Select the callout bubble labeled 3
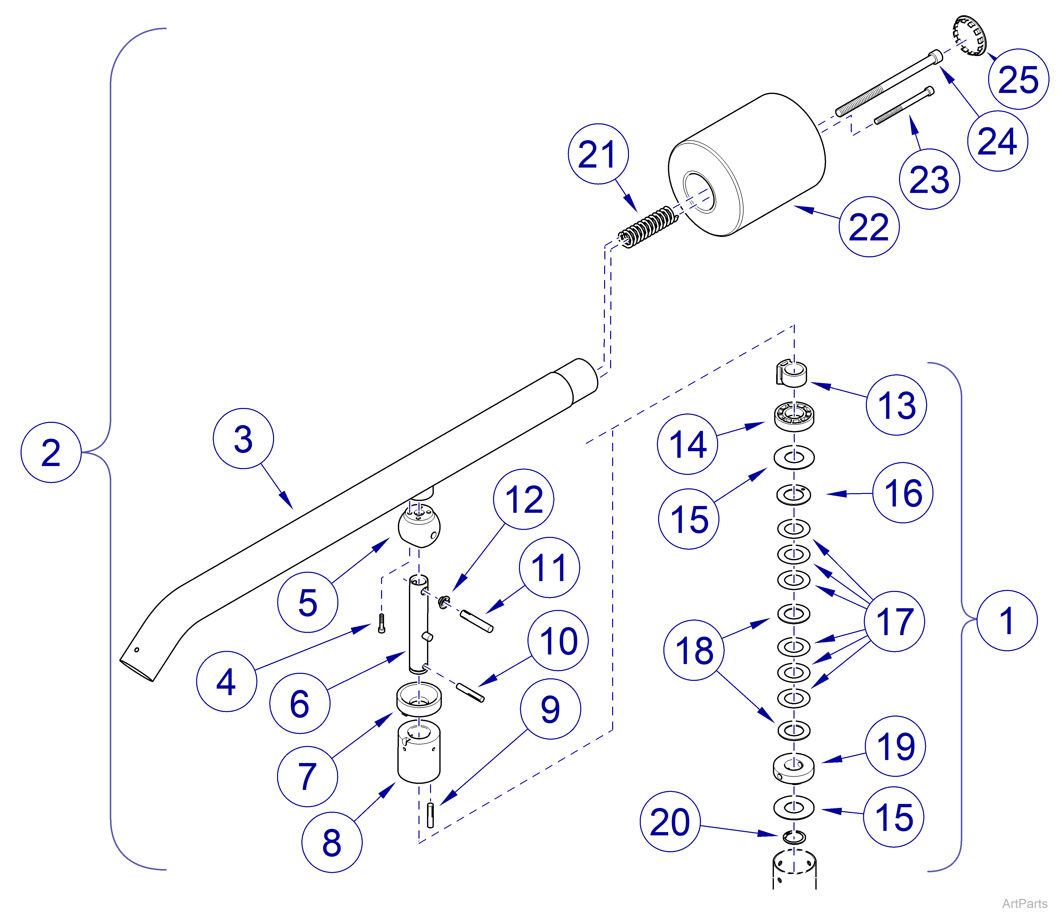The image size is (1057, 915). (x=243, y=439)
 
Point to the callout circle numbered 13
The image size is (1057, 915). (x=896, y=405)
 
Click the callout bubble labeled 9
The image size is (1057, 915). (x=550, y=709)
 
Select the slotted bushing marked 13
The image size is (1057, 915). (x=791, y=373)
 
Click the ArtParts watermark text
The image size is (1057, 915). (x=1024, y=903)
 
